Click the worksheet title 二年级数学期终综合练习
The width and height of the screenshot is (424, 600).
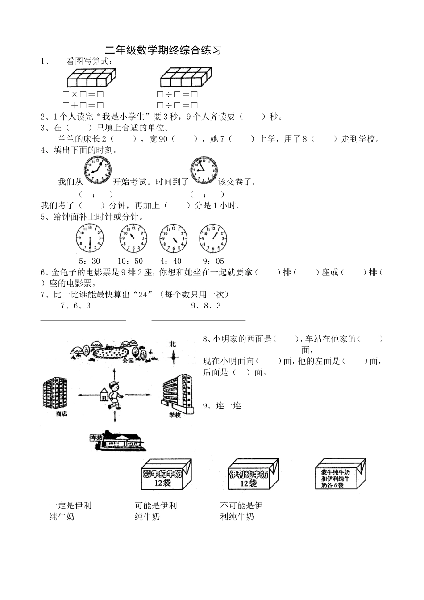[163, 50]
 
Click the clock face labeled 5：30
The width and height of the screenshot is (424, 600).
[90, 238]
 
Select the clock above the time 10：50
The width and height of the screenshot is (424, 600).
[133, 238]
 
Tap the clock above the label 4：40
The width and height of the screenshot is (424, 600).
[174, 238]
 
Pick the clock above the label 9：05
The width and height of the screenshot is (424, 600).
[212, 238]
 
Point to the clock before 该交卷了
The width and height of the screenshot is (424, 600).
[204, 170]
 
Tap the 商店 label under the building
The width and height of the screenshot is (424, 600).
[62, 414]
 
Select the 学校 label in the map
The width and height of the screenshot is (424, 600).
[175, 415]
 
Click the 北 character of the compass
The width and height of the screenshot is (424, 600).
[173, 344]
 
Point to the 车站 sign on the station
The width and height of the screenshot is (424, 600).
[96, 438]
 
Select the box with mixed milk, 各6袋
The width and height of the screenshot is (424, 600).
[340, 476]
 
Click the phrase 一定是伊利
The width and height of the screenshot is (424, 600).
[71, 505]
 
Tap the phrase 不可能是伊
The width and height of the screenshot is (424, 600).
[241, 505]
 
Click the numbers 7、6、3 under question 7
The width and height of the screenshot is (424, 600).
[75, 306]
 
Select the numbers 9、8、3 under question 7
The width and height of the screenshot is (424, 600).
[206, 306]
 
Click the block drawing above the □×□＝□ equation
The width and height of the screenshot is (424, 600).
[91, 78]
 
